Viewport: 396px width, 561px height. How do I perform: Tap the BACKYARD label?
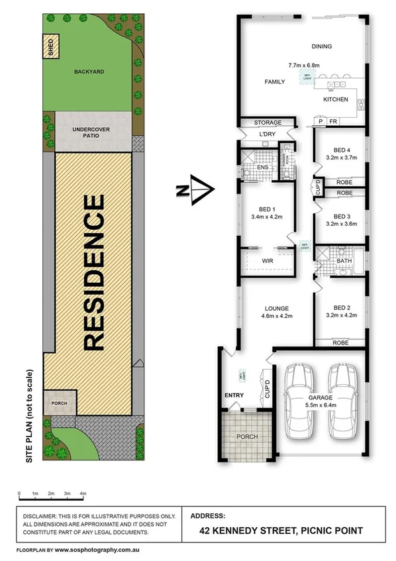pyautogui.click(x=89, y=72)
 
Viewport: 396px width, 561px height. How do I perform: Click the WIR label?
pyautogui.click(x=267, y=261)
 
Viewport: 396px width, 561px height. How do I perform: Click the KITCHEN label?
pyautogui.click(x=335, y=99)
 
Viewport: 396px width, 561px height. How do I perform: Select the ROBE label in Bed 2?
pyautogui.click(x=341, y=342)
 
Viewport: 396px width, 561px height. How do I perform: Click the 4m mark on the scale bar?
pyautogui.click(x=83, y=494)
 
